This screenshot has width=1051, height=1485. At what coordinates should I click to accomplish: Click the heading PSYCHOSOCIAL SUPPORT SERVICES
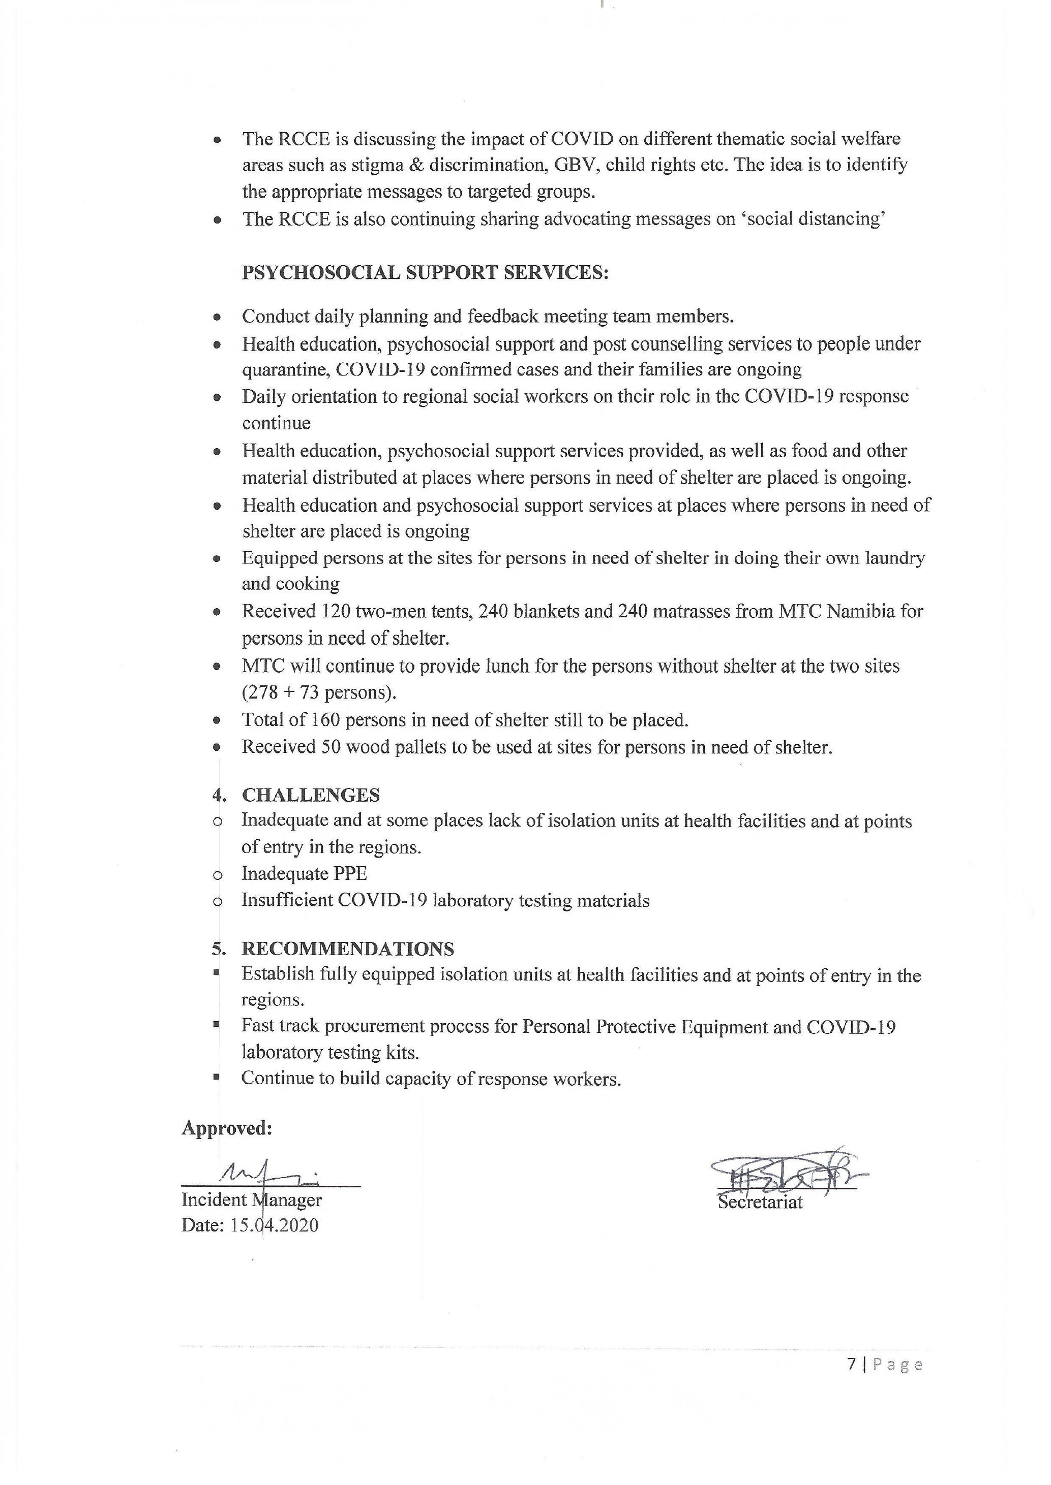click(425, 273)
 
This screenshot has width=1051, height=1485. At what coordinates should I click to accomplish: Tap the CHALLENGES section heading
click(311, 795)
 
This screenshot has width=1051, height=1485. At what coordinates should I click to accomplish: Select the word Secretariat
click(761, 1203)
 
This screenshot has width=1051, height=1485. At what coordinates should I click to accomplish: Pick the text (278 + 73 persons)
click(319, 692)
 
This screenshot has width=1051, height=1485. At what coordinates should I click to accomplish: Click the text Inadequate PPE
click(304, 874)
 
